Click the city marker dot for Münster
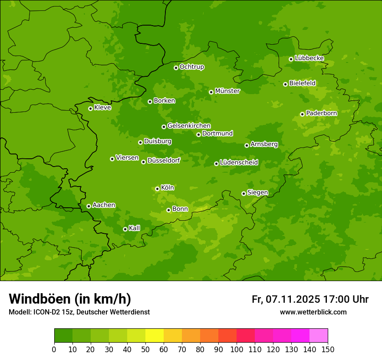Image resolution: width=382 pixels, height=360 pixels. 211,92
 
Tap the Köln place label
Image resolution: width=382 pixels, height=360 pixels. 168,188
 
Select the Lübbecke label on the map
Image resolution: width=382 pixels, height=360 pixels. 309,58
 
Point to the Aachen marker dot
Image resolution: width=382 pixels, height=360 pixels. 89,206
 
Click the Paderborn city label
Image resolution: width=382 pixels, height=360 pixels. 321,113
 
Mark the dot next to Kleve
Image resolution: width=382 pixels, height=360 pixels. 90,108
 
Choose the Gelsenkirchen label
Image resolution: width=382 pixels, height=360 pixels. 189,126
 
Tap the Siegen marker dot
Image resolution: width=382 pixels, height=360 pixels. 244,193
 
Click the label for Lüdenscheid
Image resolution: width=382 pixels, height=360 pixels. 239,163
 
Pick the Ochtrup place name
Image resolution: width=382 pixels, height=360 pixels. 191,67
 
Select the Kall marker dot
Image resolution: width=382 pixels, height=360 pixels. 125,229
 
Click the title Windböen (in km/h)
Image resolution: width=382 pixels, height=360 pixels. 70,299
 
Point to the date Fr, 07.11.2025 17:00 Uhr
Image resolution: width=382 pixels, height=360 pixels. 310,299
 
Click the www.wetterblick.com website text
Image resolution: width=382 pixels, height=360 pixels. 313,312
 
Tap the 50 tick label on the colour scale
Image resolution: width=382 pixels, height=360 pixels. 145,349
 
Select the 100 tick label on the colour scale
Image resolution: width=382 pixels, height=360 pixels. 237,349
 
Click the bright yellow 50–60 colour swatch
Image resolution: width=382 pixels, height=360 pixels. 155,335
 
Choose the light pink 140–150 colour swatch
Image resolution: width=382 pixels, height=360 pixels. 319,335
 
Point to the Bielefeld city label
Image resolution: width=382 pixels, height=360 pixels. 302,83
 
